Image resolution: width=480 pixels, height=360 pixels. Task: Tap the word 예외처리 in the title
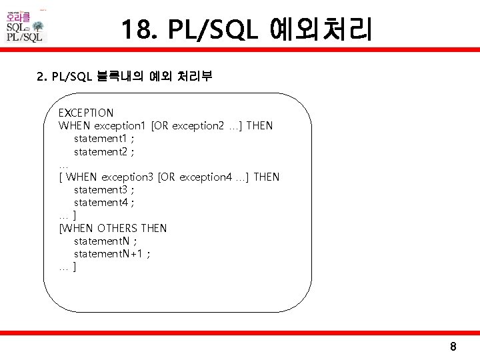tap(321, 30)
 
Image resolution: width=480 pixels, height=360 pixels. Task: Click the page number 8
tap(453, 347)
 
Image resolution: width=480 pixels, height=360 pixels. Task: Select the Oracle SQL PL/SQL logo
tap(25, 27)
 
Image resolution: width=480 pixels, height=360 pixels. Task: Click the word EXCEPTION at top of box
tap(86, 113)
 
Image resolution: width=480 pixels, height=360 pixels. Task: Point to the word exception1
tap(121, 126)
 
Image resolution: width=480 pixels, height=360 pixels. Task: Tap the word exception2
tap(199, 126)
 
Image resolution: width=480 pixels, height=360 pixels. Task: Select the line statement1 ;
tap(103, 139)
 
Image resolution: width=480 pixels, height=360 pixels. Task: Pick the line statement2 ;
tap(103, 151)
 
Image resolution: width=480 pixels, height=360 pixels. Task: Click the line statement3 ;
tap(103, 189)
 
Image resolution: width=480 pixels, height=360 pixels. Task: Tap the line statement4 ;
tap(103, 202)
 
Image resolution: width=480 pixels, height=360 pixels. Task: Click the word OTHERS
tap(118, 228)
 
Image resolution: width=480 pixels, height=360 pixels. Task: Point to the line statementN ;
tap(105, 241)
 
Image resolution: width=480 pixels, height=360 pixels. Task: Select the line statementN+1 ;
tap(111, 253)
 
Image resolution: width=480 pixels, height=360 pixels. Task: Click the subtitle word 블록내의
tap(123, 76)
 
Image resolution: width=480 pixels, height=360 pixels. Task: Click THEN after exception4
tap(267, 177)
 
